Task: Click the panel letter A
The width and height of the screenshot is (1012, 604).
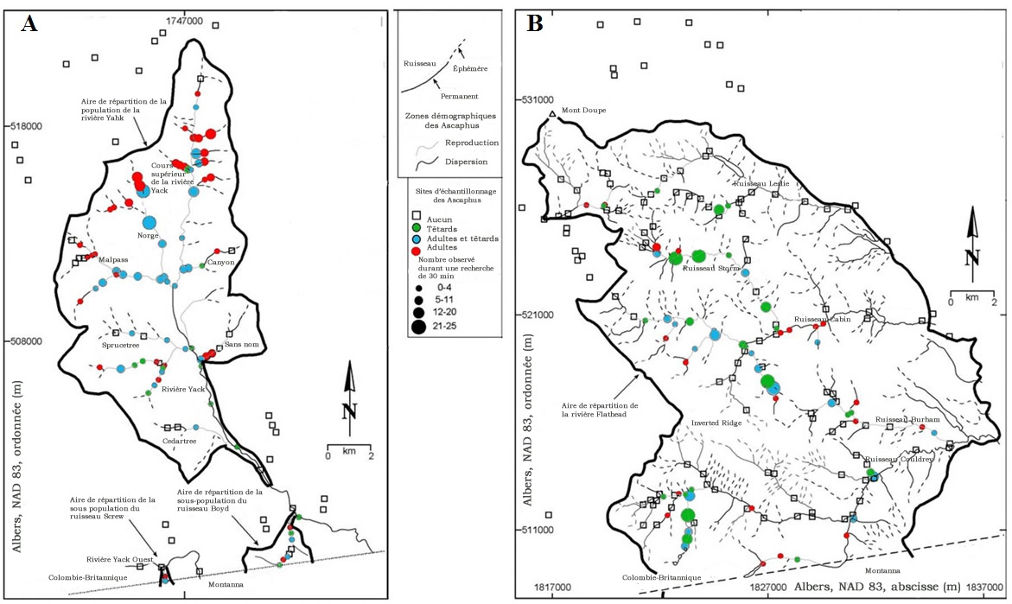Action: pos(29,24)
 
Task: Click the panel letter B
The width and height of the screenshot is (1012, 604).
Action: pos(535,24)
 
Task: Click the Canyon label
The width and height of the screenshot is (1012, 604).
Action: pos(221,262)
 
